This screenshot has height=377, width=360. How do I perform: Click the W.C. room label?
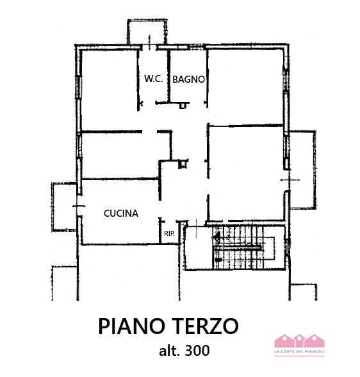coord(153,80)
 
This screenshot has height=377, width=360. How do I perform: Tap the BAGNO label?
coord(188,80)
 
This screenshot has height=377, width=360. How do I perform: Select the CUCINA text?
coord(121,214)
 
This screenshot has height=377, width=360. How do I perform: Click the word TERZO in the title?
coord(209,326)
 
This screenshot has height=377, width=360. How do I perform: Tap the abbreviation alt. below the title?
coord(170,351)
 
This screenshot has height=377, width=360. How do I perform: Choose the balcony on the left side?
coord(63,206)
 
